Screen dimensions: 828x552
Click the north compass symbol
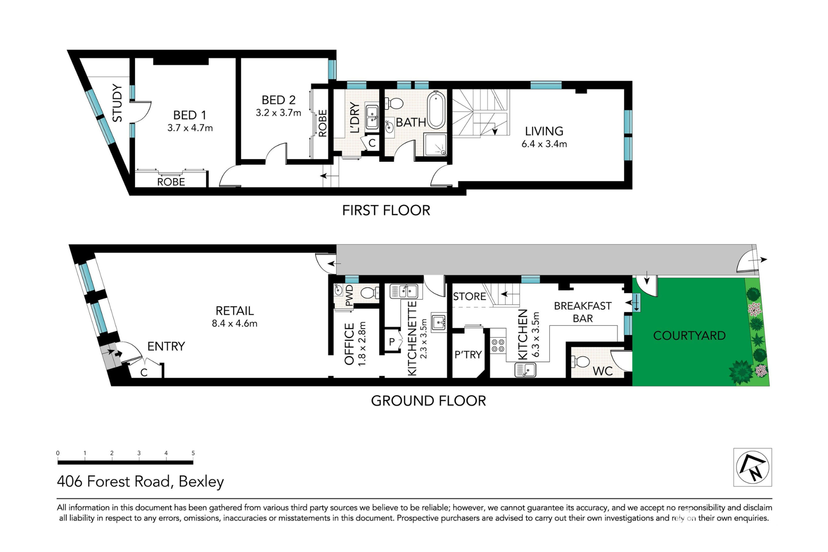[x=753, y=467]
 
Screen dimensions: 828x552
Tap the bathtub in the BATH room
[x=436, y=110]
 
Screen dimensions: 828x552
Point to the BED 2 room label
[x=279, y=100]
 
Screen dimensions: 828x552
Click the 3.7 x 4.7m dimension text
[x=190, y=128]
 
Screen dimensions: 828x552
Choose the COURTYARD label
[x=689, y=336]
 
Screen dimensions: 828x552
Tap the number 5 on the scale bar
[x=193, y=453]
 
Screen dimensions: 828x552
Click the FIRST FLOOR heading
[x=386, y=210]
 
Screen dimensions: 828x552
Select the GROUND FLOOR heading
[x=428, y=401]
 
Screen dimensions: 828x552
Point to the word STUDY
[x=117, y=103]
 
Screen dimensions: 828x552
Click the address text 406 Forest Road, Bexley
[x=141, y=481]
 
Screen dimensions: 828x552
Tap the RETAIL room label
[x=235, y=311]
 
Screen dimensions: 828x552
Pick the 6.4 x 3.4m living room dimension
[x=544, y=144]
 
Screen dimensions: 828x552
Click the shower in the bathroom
[x=436, y=144]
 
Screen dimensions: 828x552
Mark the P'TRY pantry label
[x=468, y=354]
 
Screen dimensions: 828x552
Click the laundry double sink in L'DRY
[x=372, y=117]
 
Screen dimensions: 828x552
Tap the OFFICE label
[x=350, y=344]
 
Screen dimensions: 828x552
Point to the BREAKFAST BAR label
[x=583, y=312]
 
